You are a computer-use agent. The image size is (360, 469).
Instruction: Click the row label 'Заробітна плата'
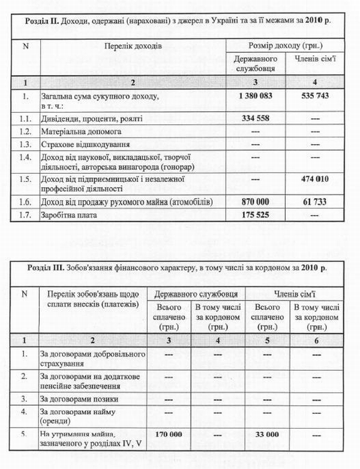(x=68, y=214)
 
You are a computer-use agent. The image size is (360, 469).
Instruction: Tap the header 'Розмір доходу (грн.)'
(x=285, y=46)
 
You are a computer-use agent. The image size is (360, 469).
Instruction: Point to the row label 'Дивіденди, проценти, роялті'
(x=91, y=119)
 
